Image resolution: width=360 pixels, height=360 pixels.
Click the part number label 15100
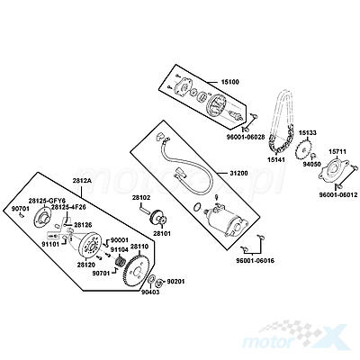tap(230, 82)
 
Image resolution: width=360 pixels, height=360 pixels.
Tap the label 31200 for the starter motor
tap(238, 174)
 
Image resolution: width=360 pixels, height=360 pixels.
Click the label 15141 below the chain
tap(275, 159)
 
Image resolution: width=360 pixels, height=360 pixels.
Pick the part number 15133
tap(307, 132)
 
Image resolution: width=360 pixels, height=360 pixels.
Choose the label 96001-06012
tap(338, 195)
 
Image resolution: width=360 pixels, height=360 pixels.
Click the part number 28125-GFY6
tap(47, 201)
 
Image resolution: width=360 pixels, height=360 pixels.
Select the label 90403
tap(150, 292)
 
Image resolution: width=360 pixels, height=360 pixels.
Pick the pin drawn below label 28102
tap(144, 209)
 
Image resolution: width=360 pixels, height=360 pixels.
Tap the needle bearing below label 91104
tap(121, 260)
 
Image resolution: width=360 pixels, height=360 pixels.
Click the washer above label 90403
tap(151, 279)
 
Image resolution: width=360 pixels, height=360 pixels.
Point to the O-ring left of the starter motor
tap(197, 207)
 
